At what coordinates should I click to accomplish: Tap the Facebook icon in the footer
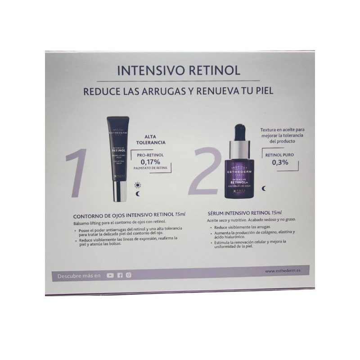(x=120, y=275)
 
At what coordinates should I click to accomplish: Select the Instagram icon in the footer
(x=129, y=275)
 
